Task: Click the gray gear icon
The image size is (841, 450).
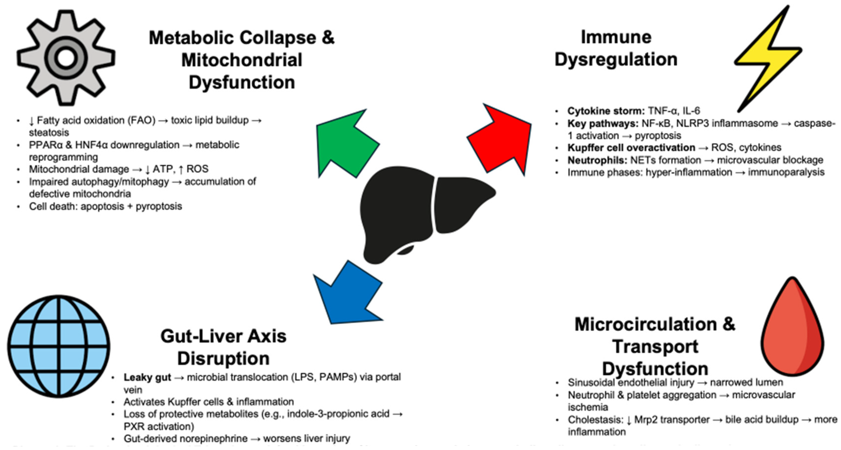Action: [66, 58]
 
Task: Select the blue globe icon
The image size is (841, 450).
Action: [59, 346]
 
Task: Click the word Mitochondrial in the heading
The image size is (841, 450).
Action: [241, 60]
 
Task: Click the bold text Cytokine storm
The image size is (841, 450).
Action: [606, 111]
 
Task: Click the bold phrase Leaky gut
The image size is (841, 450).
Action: [147, 377]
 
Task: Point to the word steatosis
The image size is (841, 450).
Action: [49, 133]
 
